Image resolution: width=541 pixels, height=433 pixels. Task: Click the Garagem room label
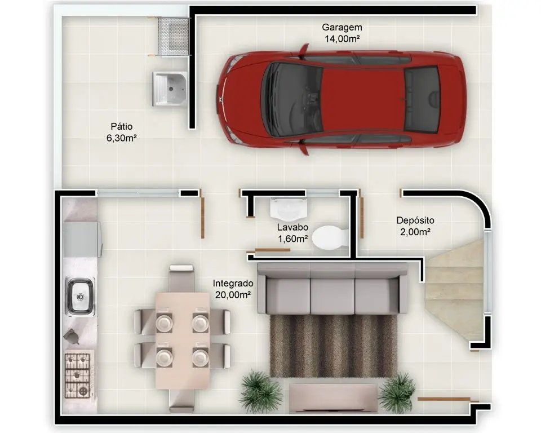pos(342,33)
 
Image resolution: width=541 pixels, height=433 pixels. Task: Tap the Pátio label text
pos(122,126)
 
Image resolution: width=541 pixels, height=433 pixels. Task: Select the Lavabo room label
pos(293,233)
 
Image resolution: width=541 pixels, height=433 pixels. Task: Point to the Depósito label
pos(415,226)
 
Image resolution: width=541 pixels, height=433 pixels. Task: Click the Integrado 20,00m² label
pos(233,289)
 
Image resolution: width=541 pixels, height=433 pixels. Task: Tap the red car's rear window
pos(423,99)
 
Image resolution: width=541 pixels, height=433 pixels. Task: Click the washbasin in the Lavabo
pos(289,209)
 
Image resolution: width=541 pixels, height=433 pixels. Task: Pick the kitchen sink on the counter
pos(80,297)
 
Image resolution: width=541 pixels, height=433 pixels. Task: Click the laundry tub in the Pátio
pos(170,89)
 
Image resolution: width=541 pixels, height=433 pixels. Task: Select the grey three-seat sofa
pos(332,288)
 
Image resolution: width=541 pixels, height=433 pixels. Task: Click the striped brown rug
pos(333,345)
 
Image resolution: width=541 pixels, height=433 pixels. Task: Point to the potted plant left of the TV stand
pos(260,392)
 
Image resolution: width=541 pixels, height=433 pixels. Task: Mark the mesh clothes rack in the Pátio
pos(173,36)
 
